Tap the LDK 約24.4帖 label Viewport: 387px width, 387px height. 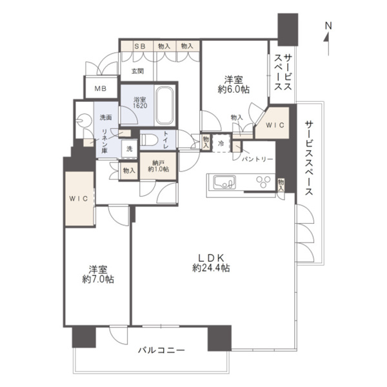coord(210,262)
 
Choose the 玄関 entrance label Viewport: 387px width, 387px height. coord(137,71)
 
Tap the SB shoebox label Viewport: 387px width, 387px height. coord(140,46)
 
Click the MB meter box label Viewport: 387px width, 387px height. coord(101,88)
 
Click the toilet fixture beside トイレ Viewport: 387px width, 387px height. coord(148,139)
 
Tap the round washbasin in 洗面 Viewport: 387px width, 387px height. coord(83,120)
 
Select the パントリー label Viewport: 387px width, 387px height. coord(259,159)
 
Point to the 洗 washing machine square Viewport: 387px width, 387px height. coord(129,149)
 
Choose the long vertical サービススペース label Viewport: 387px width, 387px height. coord(310,158)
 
